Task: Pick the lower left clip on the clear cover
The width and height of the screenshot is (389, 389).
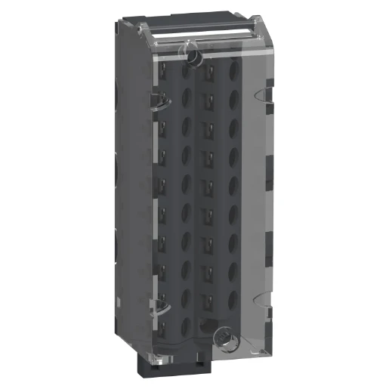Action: tap(161, 307)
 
